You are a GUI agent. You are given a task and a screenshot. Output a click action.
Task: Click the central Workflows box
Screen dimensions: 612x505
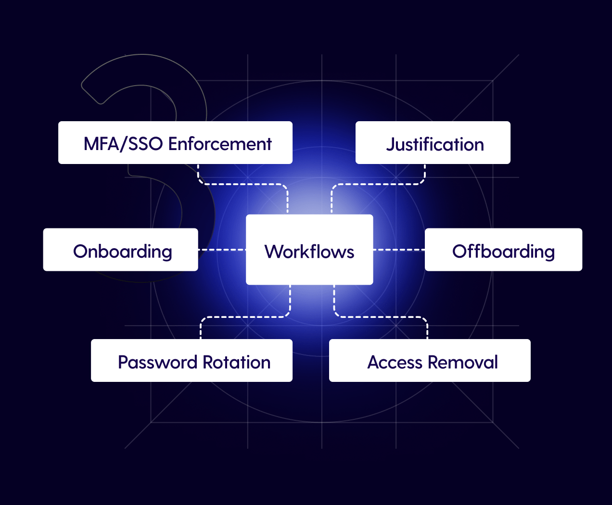pos(309,250)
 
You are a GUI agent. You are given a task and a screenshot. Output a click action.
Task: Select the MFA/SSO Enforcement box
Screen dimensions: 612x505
pos(175,142)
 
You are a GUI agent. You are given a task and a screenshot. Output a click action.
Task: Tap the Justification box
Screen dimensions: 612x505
pos(433,142)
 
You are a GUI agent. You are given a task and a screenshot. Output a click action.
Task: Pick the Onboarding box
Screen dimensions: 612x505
pos(120,250)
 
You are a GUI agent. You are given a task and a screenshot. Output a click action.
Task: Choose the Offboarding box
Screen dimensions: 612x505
pos(503,250)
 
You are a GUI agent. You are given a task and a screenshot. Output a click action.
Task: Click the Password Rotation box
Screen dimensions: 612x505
pos(191,360)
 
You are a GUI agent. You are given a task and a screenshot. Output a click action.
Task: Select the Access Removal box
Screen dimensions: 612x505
pos(430,360)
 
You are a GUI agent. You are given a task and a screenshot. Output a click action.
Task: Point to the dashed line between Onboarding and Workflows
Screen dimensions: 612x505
pos(222,250)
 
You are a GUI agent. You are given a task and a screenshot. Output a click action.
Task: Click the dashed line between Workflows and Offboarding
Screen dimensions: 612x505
pos(399,250)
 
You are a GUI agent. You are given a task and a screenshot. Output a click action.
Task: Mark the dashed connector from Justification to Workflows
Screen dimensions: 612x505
pos(378,184)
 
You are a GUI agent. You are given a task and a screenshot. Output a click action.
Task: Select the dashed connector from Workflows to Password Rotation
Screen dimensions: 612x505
pos(245,317)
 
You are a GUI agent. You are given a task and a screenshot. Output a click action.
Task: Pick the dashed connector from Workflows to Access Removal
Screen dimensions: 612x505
pos(381,317)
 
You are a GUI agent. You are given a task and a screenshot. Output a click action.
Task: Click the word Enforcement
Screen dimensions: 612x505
pos(220,144)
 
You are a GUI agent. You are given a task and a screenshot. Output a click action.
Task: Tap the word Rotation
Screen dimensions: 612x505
pos(237,362)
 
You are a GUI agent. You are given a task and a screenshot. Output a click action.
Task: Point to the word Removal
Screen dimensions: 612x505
pos(463,362)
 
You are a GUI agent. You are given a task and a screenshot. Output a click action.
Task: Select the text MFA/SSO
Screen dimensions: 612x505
pos(123,144)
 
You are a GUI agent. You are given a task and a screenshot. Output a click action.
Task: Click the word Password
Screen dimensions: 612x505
pos(157,362)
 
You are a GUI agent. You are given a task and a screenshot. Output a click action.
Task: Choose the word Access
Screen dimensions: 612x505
pos(395,362)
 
